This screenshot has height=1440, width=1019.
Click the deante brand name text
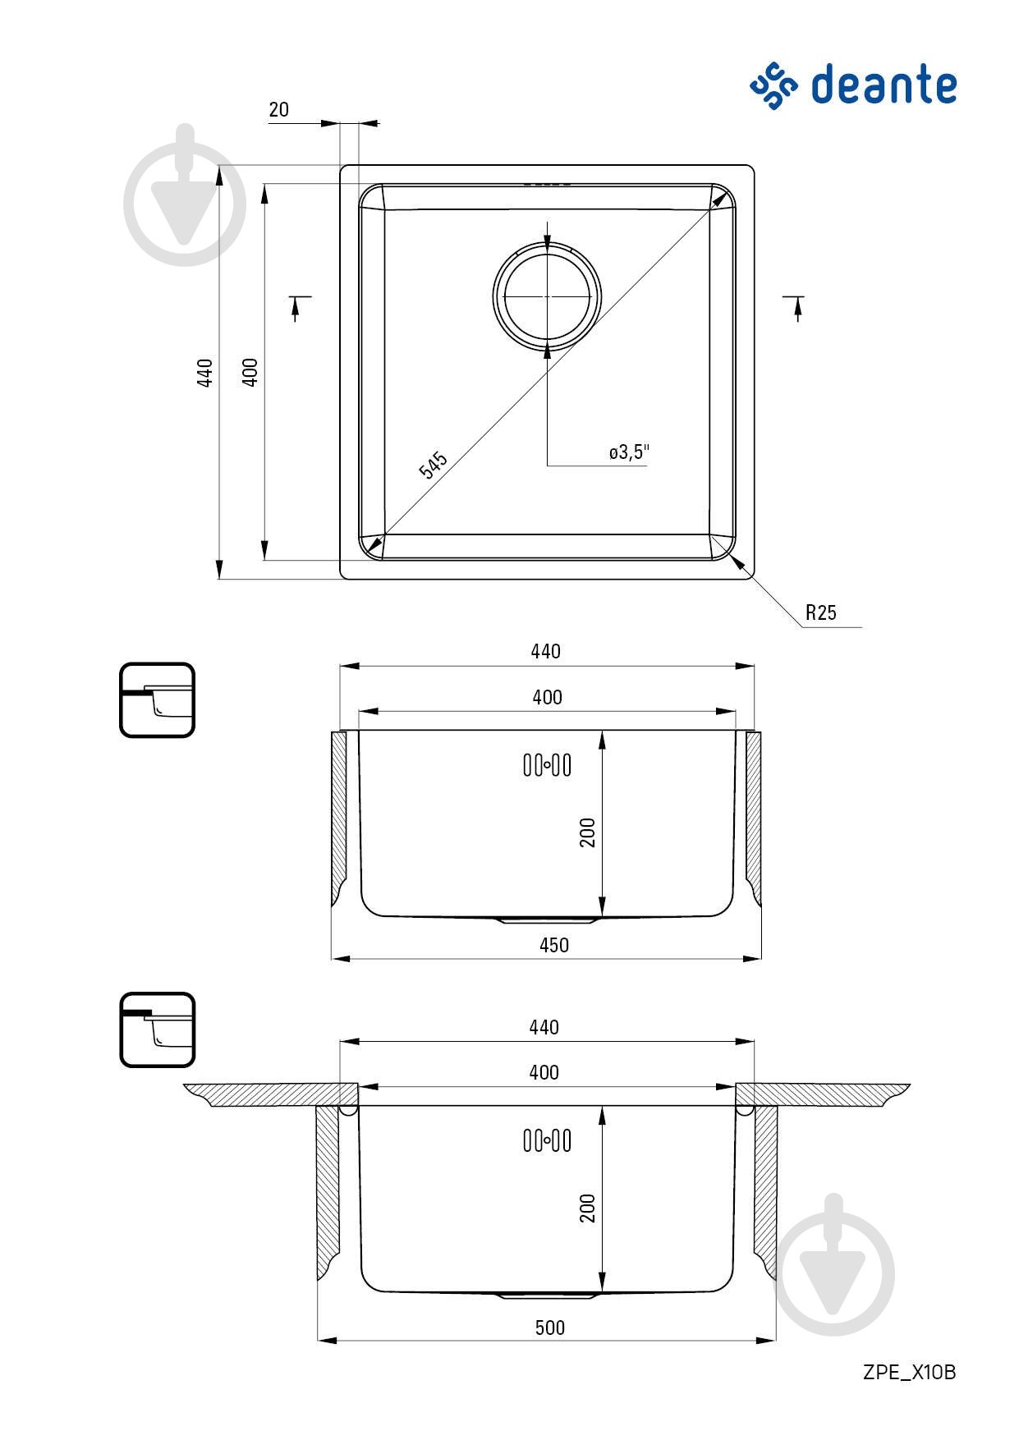click(x=884, y=85)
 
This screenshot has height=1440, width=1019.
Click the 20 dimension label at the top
click(x=278, y=109)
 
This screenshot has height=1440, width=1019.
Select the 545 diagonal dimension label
click(x=433, y=464)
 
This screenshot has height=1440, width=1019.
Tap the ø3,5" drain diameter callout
click(x=629, y=452)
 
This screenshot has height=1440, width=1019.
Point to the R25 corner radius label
click(x=820, y=612)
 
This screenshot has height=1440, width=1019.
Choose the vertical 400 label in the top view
click(x=250, y=373)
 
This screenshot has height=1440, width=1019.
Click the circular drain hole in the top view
click(x=548, y=296)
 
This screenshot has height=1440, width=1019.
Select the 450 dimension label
click(x=553, y=945)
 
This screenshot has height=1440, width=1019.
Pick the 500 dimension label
click(x=549, y=1328)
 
